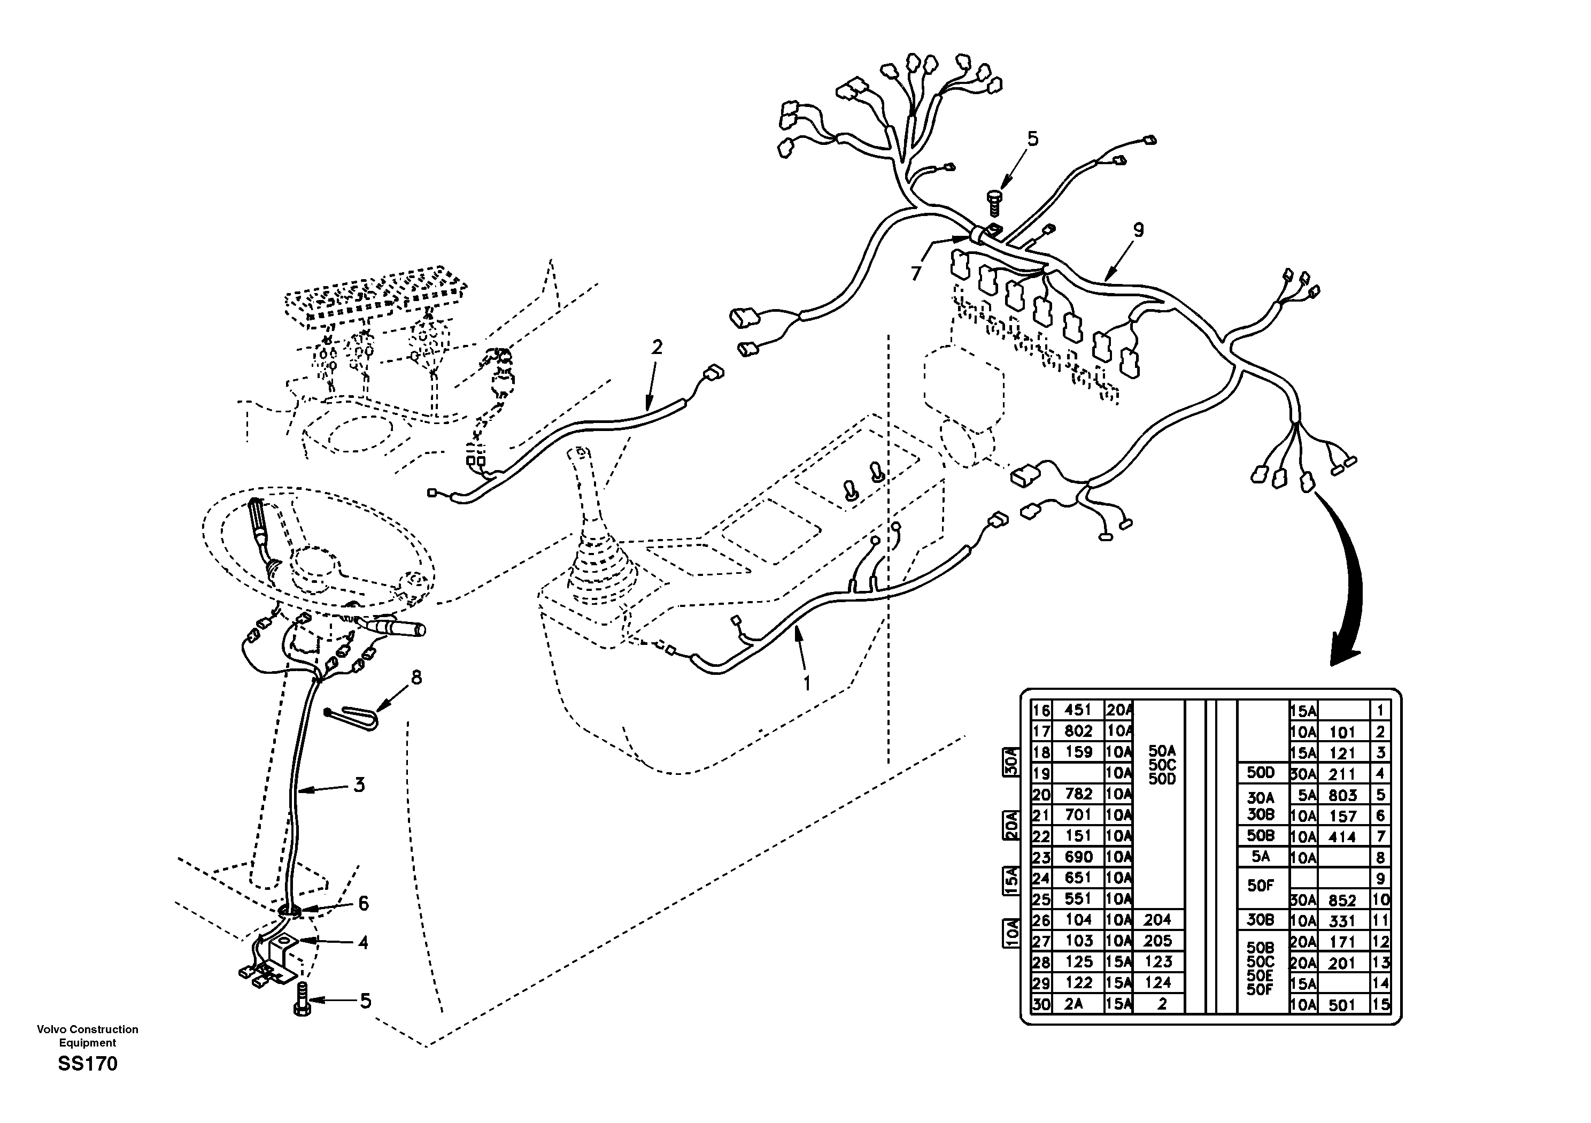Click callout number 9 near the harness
[1138, 229]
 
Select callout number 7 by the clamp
[917, 274]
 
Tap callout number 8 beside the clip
[416, 677]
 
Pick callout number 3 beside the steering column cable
[359, 786]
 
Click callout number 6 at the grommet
[362, 903]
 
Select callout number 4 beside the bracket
[362, 942]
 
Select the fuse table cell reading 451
[1078, 710]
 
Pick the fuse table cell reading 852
[1341, 901]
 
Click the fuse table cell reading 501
[1341, 1004]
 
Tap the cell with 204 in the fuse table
[1157, 920]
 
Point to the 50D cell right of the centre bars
[1261, 773]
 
